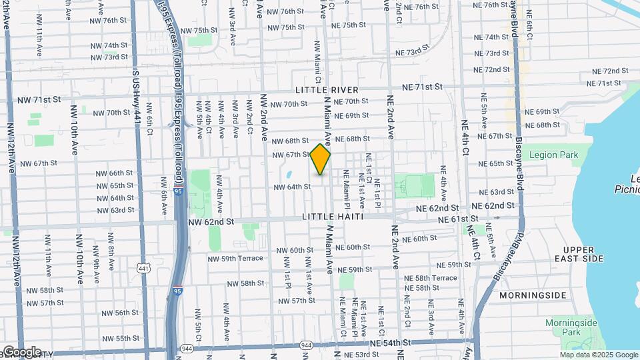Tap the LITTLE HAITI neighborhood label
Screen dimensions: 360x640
pos(333,217)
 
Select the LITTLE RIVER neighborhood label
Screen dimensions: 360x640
pos(328,90)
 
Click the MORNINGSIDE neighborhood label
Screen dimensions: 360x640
pos(542,295)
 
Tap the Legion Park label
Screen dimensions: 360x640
pos(553,155)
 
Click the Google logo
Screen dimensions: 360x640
pos(22,351)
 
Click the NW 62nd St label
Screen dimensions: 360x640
pos(211,221)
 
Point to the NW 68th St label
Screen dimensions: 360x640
pos(290,141)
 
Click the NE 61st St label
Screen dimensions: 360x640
pos(459,219)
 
